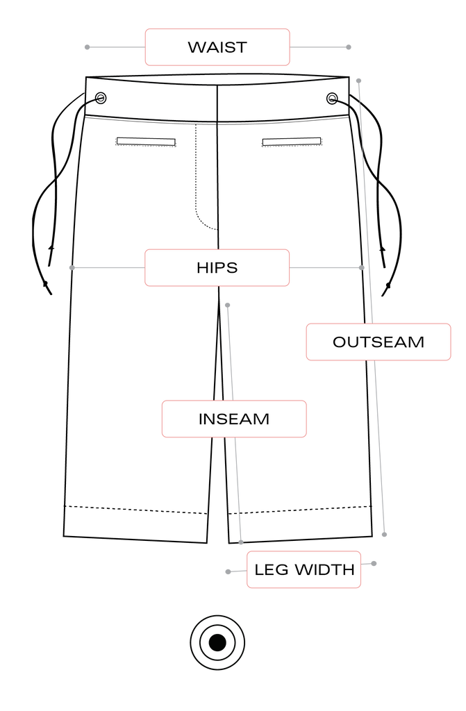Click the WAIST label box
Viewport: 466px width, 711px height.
(217, 47)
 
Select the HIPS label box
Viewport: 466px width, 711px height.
(217, 267)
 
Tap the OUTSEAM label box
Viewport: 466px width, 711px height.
(378, 342)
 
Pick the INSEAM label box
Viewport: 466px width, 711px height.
(234, 419)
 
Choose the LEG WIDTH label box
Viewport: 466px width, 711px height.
(303, 570)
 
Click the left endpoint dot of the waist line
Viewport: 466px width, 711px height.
(88, 47)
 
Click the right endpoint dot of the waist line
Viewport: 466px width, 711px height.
(349, 47)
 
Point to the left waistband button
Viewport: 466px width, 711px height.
(101, 98)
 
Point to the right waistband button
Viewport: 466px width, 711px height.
(333, 99)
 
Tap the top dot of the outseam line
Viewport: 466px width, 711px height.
(358, 81)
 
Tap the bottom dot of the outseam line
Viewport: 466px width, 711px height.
(384, 534)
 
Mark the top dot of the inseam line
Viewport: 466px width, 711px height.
(227, 305)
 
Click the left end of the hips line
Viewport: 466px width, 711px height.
(71, 267)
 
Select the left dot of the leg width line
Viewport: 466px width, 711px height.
(228, 571)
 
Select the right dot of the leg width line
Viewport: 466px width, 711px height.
(374, 564)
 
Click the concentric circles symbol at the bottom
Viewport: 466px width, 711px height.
(217, 642)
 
